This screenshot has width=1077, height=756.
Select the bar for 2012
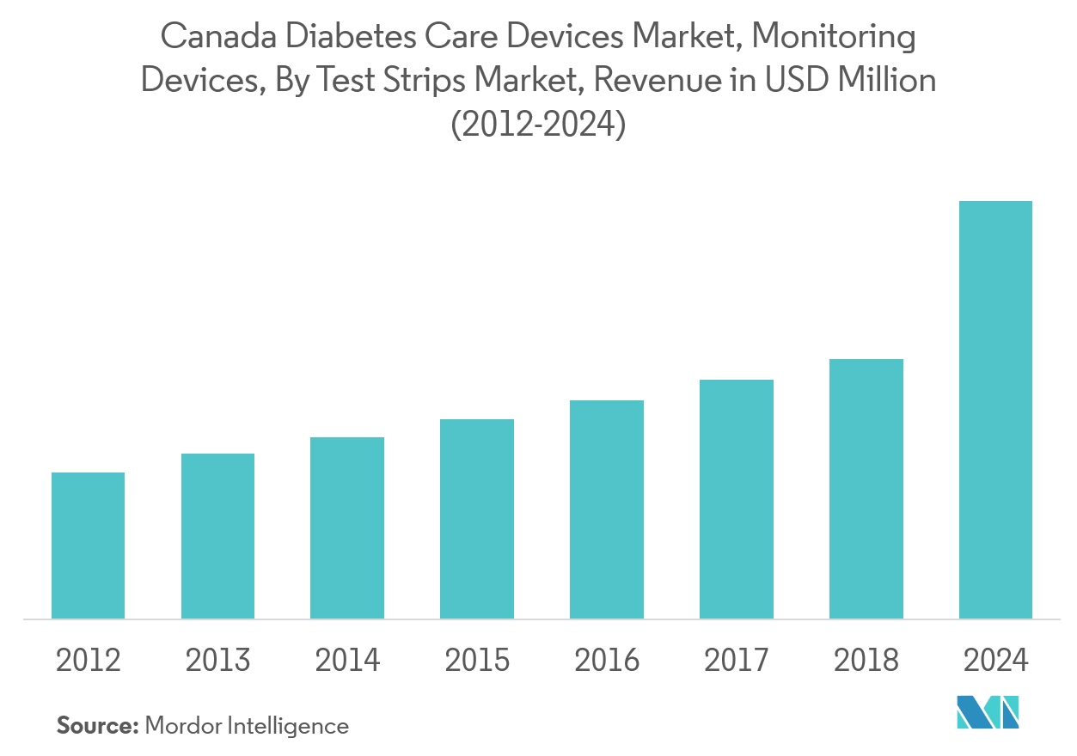point(88,545)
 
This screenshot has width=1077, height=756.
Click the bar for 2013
point(217,535)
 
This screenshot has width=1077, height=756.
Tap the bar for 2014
point(347,527)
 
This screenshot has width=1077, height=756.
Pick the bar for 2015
point(477,518)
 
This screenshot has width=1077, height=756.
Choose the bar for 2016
point(606,509)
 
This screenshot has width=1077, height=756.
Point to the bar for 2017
point(736,498)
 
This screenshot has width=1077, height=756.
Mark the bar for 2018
point(866,488)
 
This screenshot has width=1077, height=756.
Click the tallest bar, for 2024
point(995,409)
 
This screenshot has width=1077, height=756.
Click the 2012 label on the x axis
point(88,661)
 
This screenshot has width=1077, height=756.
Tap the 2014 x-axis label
point(347,661)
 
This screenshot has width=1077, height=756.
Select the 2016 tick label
point(606,661)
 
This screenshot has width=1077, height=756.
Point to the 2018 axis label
point(866,661)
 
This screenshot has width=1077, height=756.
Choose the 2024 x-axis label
point(995,661)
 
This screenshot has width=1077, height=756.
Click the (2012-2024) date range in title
point(538,125)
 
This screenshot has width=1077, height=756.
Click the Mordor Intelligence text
point(247,726)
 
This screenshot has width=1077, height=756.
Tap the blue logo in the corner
point(988,712)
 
